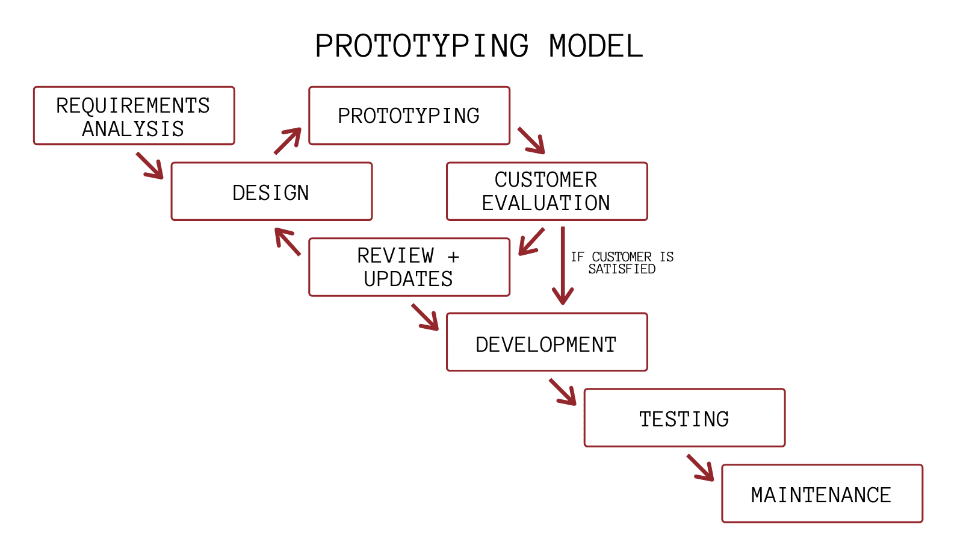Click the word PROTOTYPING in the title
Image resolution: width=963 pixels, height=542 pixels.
click(x=421, y=46)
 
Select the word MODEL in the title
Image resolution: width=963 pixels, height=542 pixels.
click(x=596, y=46)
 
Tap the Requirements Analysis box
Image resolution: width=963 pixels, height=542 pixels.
click(x=134, y=116)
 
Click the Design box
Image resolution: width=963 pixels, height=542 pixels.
click(x=271, y=192)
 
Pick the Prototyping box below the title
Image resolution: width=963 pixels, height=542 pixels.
click(x=409, y=116)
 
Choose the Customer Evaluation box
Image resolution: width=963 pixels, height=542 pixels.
click(x=547, y=192)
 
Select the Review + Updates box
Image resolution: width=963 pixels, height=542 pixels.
click(x=409, y=267)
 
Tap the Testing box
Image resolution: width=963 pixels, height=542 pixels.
click(x=684, y=418)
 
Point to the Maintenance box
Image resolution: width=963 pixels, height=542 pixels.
click(x=822, y=494)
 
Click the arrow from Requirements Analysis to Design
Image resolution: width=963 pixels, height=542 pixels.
click(x=150, y=165)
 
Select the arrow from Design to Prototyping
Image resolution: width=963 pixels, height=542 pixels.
click(x=288, y=140)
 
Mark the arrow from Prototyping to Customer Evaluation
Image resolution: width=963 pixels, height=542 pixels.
click(x=531, y=140)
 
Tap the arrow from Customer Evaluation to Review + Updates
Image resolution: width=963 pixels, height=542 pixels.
click(x=531, y=241)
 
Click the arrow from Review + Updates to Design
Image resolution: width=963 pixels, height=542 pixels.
click(x=288, y=241)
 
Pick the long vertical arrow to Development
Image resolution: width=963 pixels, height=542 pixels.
click(x=563, y=265)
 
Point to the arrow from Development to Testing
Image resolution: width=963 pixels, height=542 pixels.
click(x=563, y=391)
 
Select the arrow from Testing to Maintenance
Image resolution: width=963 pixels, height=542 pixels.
click(x=700, y=467)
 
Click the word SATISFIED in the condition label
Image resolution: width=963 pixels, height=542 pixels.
click(x=622, y=269)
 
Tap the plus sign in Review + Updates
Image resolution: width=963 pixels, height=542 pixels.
click(x=453, y=257)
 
